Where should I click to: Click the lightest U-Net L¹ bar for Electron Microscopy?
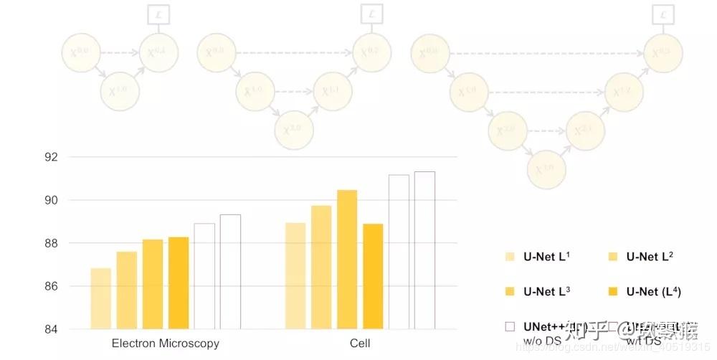(101, 298)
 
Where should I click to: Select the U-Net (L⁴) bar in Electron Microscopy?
(179, 283)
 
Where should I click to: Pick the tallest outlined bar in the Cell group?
(424, 250)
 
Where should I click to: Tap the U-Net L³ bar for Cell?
(347, 260)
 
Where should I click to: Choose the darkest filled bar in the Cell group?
(373, 276)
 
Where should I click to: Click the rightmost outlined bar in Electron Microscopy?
(230, 272)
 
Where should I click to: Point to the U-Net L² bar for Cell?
(321, 267)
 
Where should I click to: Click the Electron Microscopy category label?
(166, 344)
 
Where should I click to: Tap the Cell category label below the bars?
(360, 344)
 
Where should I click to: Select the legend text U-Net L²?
(650, 256)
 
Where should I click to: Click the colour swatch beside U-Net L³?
(511, 291)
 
